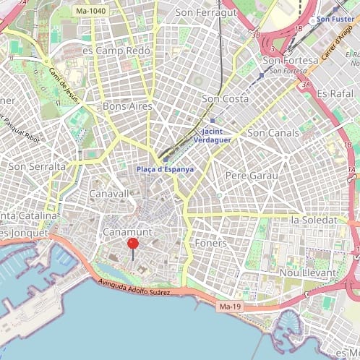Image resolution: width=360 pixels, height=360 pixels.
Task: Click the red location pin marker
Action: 133,244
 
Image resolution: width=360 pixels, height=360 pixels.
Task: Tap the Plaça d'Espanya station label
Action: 166,169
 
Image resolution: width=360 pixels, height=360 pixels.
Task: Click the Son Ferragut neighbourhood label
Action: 207,12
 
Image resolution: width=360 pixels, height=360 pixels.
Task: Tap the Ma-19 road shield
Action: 228,307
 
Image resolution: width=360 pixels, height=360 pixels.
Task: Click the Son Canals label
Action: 272,133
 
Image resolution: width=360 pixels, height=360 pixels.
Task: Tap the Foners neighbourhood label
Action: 211,244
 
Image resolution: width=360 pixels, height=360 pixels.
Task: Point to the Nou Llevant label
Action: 308,273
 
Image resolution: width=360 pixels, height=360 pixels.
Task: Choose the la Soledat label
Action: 314,220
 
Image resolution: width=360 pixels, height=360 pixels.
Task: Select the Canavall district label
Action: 109,194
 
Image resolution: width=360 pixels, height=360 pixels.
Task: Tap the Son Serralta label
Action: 36,166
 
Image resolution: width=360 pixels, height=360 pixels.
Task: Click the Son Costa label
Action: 226,99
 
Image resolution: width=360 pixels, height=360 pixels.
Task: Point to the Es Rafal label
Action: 334,94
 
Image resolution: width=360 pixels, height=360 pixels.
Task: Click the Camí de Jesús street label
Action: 63,85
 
